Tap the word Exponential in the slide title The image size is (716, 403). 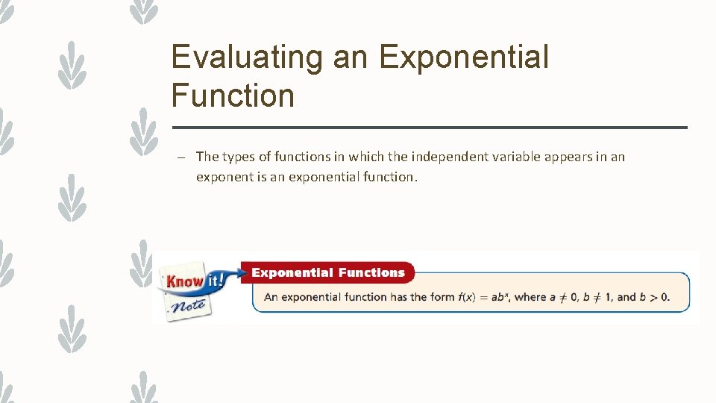tap(464, 57)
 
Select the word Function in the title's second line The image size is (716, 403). tap(233, 96)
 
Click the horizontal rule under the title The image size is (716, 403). tap(430, 128)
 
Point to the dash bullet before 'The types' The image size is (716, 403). tap(181, 157)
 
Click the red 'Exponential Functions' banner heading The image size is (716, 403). tap(327, 273)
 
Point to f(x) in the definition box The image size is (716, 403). tap(466, 297)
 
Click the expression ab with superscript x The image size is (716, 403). tap(498, 297)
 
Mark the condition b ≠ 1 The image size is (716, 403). tap(598, 297)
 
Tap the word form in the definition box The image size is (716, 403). tap(442, 297)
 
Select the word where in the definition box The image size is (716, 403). tap(530, 297)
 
